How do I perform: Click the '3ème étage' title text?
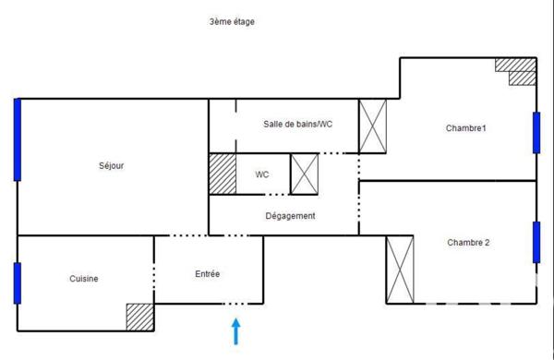coord(232,22)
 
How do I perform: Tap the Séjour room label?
coord(111,166)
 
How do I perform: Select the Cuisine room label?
coord(83,279)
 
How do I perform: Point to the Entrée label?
coord(207,274)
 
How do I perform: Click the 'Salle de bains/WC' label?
coord(297,125)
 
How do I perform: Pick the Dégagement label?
coord(290,216)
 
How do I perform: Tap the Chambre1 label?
coord(465,128)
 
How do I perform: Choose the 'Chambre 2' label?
coord(468,243)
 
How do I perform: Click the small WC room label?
coord(262,174)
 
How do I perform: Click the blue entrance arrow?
coord(236,330)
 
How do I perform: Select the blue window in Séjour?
coord(17,139)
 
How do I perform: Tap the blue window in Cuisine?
coord(17,283)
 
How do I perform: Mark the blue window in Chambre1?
coord(536,132)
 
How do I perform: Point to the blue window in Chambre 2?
coord(536,242)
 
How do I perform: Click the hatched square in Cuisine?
coord(139,316)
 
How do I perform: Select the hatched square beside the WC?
coord(222,174)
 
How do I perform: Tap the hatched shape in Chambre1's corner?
coord(518,71)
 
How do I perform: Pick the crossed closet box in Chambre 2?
coord(400,269)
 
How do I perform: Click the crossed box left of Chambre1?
coord(373,125)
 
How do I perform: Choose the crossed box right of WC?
coord(304,174)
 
